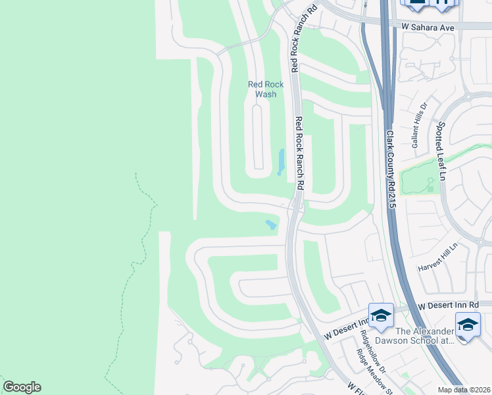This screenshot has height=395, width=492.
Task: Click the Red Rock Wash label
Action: pos(266,89)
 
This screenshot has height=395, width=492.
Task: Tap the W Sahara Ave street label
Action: pos(429,28)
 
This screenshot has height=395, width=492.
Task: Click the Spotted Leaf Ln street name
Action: pos(441,151)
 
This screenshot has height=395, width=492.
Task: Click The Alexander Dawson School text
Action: pos(414,336)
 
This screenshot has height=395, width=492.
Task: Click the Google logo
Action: pos(22,387)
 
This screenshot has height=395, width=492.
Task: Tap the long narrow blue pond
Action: pos(282,162)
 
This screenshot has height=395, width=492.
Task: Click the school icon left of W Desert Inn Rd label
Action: pos(381,316)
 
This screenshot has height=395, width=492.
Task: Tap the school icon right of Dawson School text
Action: pos(468,325)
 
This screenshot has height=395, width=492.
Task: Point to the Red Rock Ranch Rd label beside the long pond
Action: pos(300,153)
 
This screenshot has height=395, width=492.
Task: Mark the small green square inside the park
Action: pos(430,188)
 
